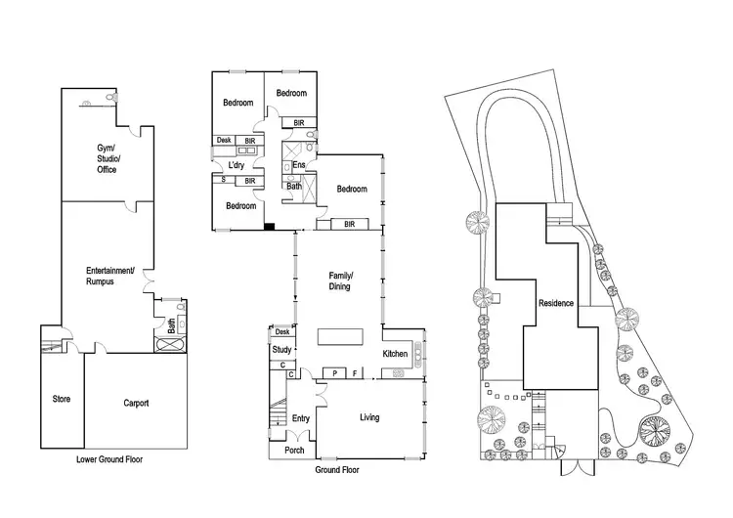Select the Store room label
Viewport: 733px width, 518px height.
[x=61, y=399]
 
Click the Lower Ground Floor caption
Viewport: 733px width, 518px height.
[x=109, y=457]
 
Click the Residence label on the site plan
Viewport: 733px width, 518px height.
[x=556, y=303]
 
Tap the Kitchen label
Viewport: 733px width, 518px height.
[x=395, y=353]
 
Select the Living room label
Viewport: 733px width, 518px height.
[x=369, y=417]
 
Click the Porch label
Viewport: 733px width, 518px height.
[x=294, y=450]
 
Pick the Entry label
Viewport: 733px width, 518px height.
[x=301, y=418]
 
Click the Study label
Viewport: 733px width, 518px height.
[x=282, y=349]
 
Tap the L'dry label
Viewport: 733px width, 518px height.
[x=236, y=165]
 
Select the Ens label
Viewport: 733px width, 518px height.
[x=298, y=165]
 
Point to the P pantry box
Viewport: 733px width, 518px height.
[x=335, y=373]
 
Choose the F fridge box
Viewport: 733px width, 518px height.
[x=355, y=373]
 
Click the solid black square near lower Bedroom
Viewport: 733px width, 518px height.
[x=270, y=228]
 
